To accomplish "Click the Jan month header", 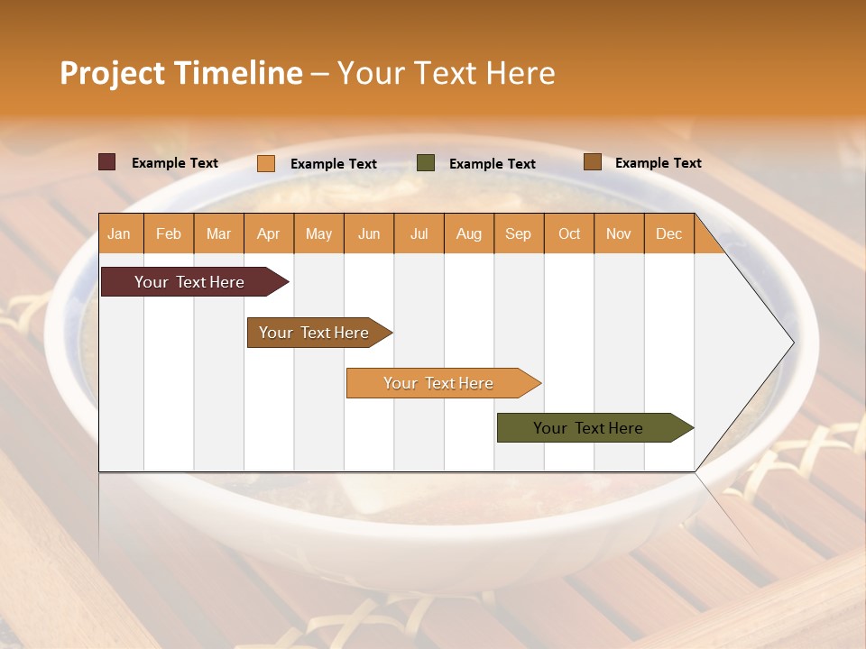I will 119,234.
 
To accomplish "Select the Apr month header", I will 269,234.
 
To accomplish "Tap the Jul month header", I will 419,234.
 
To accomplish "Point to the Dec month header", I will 668,234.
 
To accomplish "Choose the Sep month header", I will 518,234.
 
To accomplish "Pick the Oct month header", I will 569,234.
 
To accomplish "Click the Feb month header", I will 169,234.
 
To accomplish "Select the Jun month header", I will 369,234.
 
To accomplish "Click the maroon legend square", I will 107,162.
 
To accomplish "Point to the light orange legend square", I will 266,163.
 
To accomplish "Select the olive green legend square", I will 426,163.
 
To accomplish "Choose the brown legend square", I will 592,162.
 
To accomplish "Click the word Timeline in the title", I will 238,73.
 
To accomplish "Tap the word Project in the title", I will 112,73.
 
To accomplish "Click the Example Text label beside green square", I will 493,164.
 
